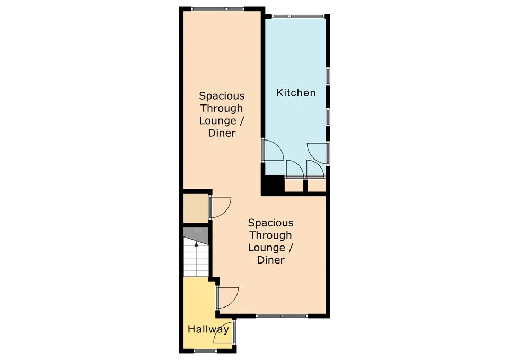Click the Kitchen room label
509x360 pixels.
[296, 92]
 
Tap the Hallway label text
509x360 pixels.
[208, 329]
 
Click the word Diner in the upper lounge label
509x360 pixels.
[222, 133]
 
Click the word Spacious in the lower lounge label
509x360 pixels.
[271, 223]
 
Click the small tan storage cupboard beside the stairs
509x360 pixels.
[196, 208]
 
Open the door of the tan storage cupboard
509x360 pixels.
[221, 207]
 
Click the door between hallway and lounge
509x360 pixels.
[229, 297]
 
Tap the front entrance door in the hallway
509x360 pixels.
[224, 332]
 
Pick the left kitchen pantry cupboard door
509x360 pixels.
[295, 169]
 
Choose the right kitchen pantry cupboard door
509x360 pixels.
[315, 169]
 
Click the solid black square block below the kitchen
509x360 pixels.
[273, 185]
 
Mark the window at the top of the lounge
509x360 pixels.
[218, 9]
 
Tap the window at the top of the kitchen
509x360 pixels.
[298, 16]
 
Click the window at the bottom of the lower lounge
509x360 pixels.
[282, 315]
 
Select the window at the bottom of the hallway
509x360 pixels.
[205, 350]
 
